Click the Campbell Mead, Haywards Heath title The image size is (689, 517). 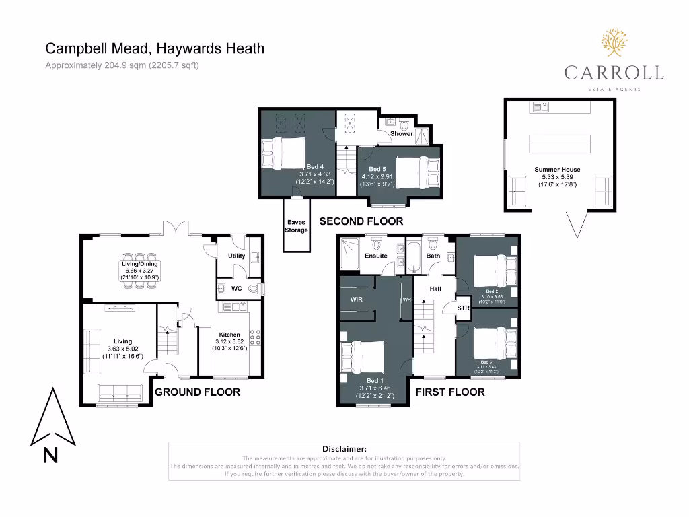pyautogui.click(x=155, y=48)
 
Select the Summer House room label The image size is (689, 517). pyautogui.click(x=557, y=170)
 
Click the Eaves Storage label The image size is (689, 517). pyautogui.click(x=297, y=226)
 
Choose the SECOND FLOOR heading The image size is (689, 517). pyautogui.click(x=361, y=221)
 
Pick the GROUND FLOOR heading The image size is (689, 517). pyautogui.click(x=197, y=392)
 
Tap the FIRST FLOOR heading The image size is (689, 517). pyautogui.click(x=449, y=392)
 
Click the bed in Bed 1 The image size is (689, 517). pyautogui.click(x=363, y=356)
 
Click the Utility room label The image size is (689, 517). pyautogui.click(x=236, y=256)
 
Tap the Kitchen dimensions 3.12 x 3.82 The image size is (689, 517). pyautogui.click(x=229, y=341)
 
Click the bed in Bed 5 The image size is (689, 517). pyautogui.click(x=413, y=168)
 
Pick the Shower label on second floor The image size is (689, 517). pyautogui.click(x=402, y=134)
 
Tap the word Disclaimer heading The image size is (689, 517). pyautogui.click(x=344, y=448)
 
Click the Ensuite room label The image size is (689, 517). pyautogui.click(x=375, y=256)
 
